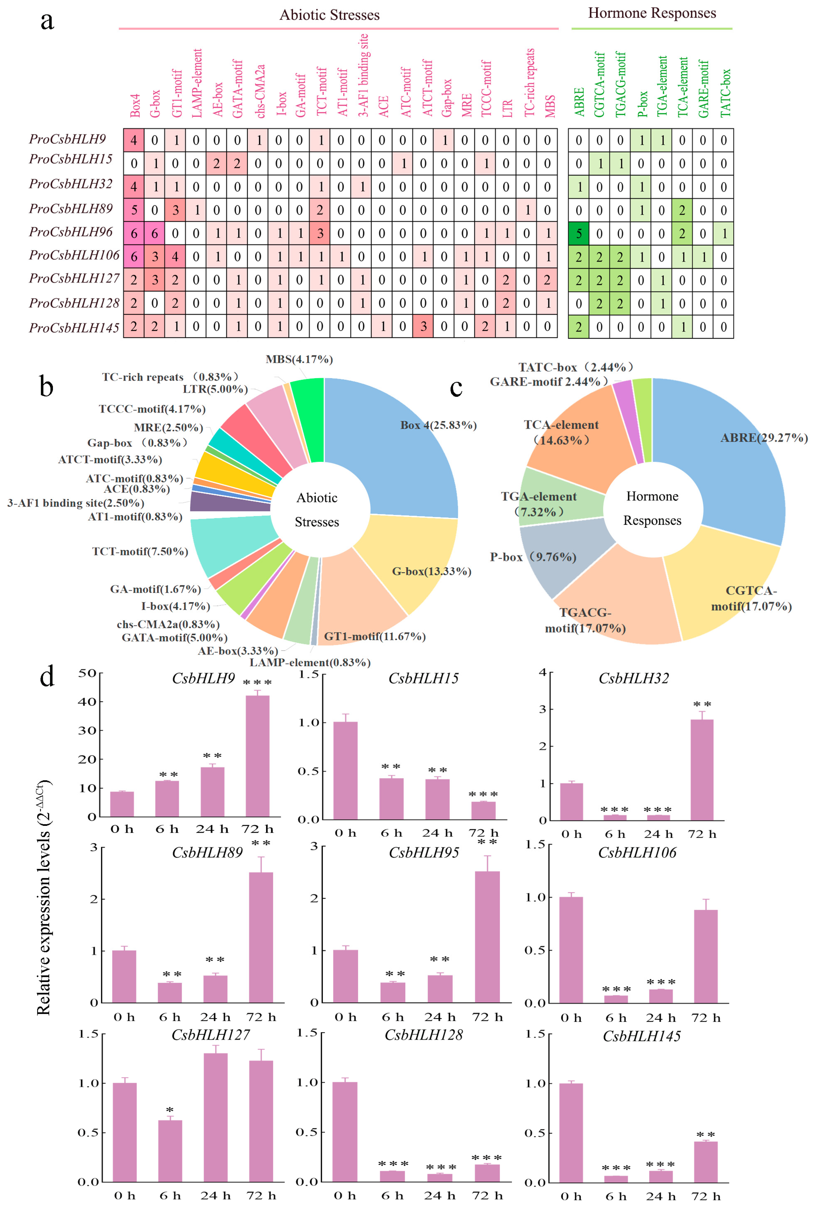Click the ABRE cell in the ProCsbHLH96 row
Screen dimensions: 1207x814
click(x=578, y=234)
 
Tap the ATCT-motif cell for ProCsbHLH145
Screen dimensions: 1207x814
click(x=423, y=327)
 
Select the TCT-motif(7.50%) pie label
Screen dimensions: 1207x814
click(x=140, y=551)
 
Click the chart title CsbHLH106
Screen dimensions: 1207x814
click(x=637, y=852)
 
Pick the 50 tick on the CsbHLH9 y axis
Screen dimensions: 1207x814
click(x=87, y=673)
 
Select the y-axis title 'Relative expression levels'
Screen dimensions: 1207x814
click(x=44, y=898)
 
